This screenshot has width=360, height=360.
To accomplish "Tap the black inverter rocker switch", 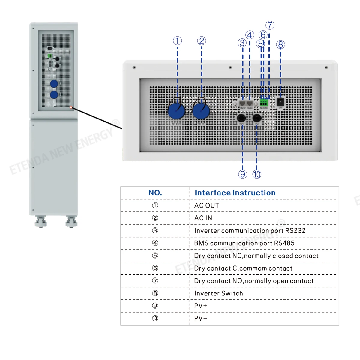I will tap(280, 102).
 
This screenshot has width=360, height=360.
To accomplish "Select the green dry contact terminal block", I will tap(264, 102).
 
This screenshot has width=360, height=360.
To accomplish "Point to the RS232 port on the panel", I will tap(242, 104).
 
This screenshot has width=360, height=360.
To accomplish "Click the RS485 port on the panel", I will tap(250, 104).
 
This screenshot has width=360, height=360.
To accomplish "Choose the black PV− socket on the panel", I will tap(257, 118).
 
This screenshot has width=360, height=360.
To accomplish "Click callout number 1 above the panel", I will tap(177, 41).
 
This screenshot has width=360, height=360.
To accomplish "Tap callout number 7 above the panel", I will tap(270, 25).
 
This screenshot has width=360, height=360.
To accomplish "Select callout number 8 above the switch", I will tap(280, 45).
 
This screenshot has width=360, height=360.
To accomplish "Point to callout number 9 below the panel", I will tap(242, 174).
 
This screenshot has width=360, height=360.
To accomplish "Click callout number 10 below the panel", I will tap(257, 174).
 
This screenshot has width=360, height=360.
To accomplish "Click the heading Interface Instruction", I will tap(235, 193).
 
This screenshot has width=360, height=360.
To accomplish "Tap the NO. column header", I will tap(155, 193).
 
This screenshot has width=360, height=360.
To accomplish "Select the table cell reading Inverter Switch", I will tap(218, 293).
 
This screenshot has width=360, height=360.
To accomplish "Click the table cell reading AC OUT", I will tap(207, 205).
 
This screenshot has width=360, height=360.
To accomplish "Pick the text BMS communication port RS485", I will tap(244, 243).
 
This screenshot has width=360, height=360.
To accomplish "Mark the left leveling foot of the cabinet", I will tap(41, 222).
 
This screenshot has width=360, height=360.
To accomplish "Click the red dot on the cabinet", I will tap(71, 107).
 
